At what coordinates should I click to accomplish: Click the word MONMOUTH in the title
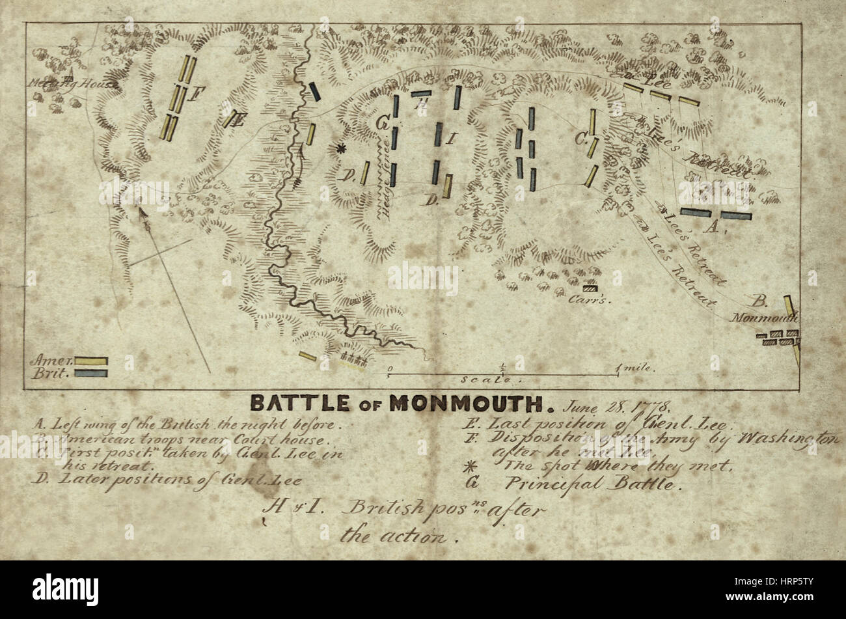(465, 404)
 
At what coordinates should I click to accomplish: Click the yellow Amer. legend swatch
(90, 361)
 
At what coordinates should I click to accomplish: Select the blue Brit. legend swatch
(90, 374)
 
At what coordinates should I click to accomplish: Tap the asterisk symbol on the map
(339, 150)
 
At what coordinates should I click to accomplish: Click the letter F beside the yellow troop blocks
(193, 96)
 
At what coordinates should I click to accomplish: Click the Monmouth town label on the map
(764, 318)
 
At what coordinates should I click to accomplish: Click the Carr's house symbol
(590, 287)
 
